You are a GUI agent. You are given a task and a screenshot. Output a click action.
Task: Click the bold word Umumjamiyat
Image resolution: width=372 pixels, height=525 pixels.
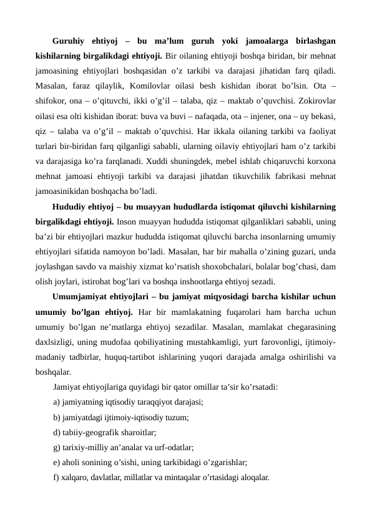[x=82, y=296]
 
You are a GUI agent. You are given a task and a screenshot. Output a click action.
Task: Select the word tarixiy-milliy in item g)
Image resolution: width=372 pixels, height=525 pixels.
[x=85, y=447]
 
